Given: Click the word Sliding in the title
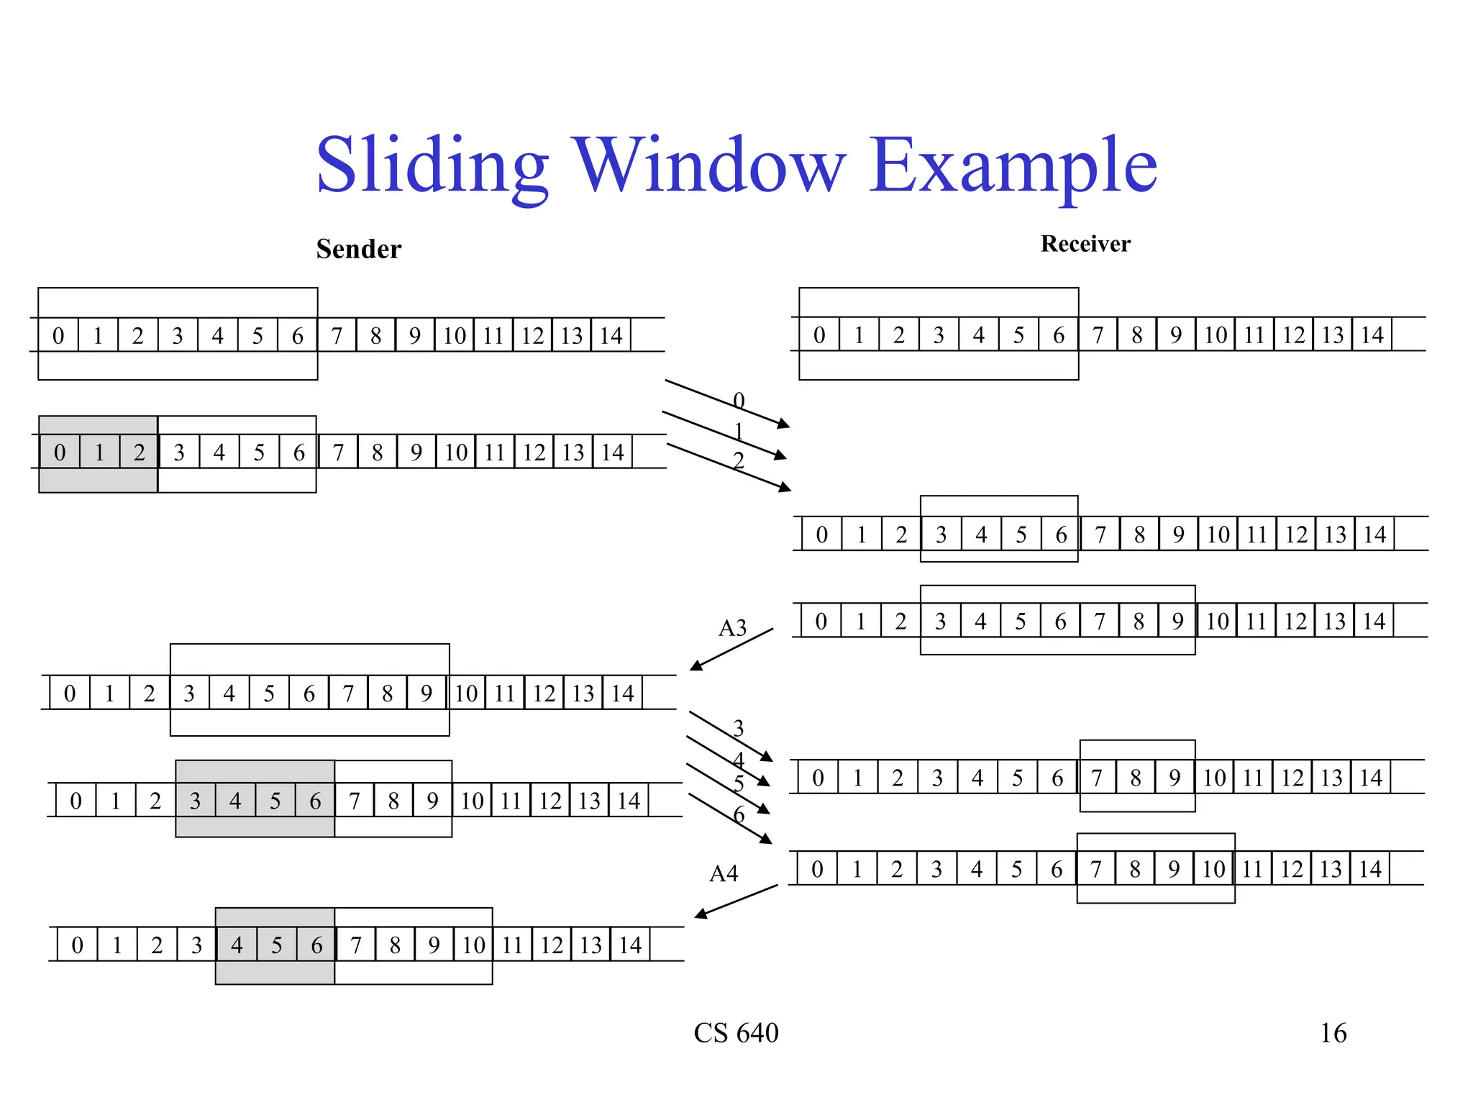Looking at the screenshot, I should tap(432, 167).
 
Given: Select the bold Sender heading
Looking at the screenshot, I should tap(358, 249).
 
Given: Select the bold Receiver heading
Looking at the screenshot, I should tap(1085, 244).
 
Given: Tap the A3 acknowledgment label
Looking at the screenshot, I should tap(732, 628).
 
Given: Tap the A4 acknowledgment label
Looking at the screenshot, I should tap(724, 873).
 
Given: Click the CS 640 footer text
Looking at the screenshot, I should tap(736, 1033).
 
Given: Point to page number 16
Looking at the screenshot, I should tap(1333, 1033).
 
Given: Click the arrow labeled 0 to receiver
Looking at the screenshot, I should tap(726, 404).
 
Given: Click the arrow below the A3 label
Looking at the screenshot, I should tap(731, 650).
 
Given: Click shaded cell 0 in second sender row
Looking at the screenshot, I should tap(60, 453).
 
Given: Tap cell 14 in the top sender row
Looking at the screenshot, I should tap(611, 335).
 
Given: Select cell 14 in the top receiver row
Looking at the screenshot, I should tap(1372, 335).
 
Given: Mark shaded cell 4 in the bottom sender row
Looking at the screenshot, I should tap(237, 945).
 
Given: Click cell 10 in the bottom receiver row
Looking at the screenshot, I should tap(1213, 868).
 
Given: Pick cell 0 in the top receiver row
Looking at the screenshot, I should tap(819, 335).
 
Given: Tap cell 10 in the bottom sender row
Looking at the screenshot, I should tap(473, 945).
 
